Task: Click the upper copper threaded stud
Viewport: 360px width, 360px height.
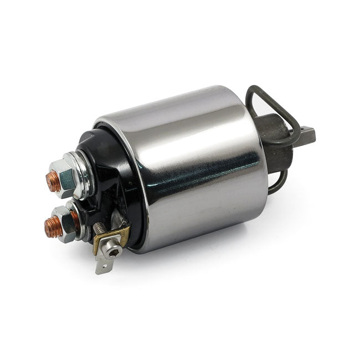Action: click(x=53, y=182)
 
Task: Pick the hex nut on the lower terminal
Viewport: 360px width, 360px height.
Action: click(x=66, y=222)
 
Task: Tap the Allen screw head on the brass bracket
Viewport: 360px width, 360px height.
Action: click(x=114, y=252)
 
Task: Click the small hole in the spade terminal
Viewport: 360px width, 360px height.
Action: click(x=101, y=268)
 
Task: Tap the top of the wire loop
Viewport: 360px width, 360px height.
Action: click(x=260, y=90)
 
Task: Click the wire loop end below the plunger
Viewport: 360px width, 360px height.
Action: click(x=277, y=183)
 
